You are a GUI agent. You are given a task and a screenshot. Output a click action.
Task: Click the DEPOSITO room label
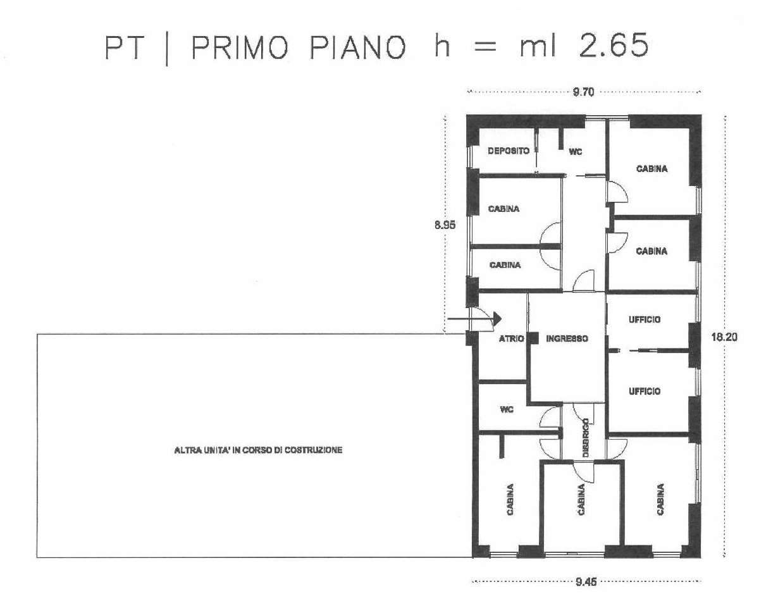click(509, 151)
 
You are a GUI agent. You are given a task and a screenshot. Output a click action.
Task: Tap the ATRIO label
click(511, 338)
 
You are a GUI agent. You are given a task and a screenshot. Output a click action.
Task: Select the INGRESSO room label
click(567, 338)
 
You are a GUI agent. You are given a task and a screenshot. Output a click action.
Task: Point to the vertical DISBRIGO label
click(586, 438)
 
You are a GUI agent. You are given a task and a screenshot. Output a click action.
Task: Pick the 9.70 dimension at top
click(583, 92)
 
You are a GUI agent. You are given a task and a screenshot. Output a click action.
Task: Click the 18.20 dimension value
click(724, 337)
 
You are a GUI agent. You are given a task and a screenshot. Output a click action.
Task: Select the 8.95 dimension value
click(445, 225)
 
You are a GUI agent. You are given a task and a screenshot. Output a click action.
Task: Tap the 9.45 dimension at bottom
click(586, 582)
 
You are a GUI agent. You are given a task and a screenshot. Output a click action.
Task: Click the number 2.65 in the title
click(614, 46)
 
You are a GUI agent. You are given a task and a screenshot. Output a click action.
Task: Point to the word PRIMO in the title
click(240, 47)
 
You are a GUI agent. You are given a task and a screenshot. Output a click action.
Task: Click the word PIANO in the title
click(358, 47)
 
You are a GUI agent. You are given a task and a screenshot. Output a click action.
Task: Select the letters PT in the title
click(125, 47)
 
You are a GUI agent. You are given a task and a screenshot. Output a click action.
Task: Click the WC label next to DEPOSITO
click(575, 152)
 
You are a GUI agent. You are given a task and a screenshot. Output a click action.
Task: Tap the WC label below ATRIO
click(507, 409)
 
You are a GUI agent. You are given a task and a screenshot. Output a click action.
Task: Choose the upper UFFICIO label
click(645, 319)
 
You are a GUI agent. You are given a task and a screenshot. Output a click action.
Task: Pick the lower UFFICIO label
click(645, 392)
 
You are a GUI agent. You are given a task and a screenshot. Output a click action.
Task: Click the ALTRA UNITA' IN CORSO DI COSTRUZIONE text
click(258, 450)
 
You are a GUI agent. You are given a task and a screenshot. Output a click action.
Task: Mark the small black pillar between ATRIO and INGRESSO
click(533, 338)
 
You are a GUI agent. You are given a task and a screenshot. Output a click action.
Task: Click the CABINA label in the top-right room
click(652, 169)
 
